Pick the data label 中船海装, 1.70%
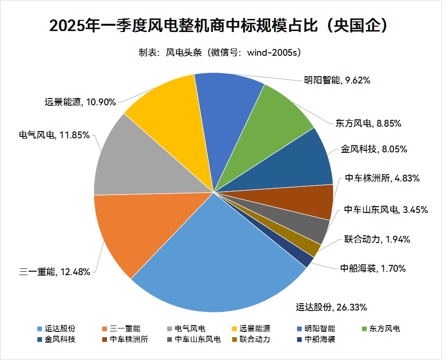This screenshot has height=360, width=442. [373, 268]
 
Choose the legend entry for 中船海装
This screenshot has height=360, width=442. [317, 339]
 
